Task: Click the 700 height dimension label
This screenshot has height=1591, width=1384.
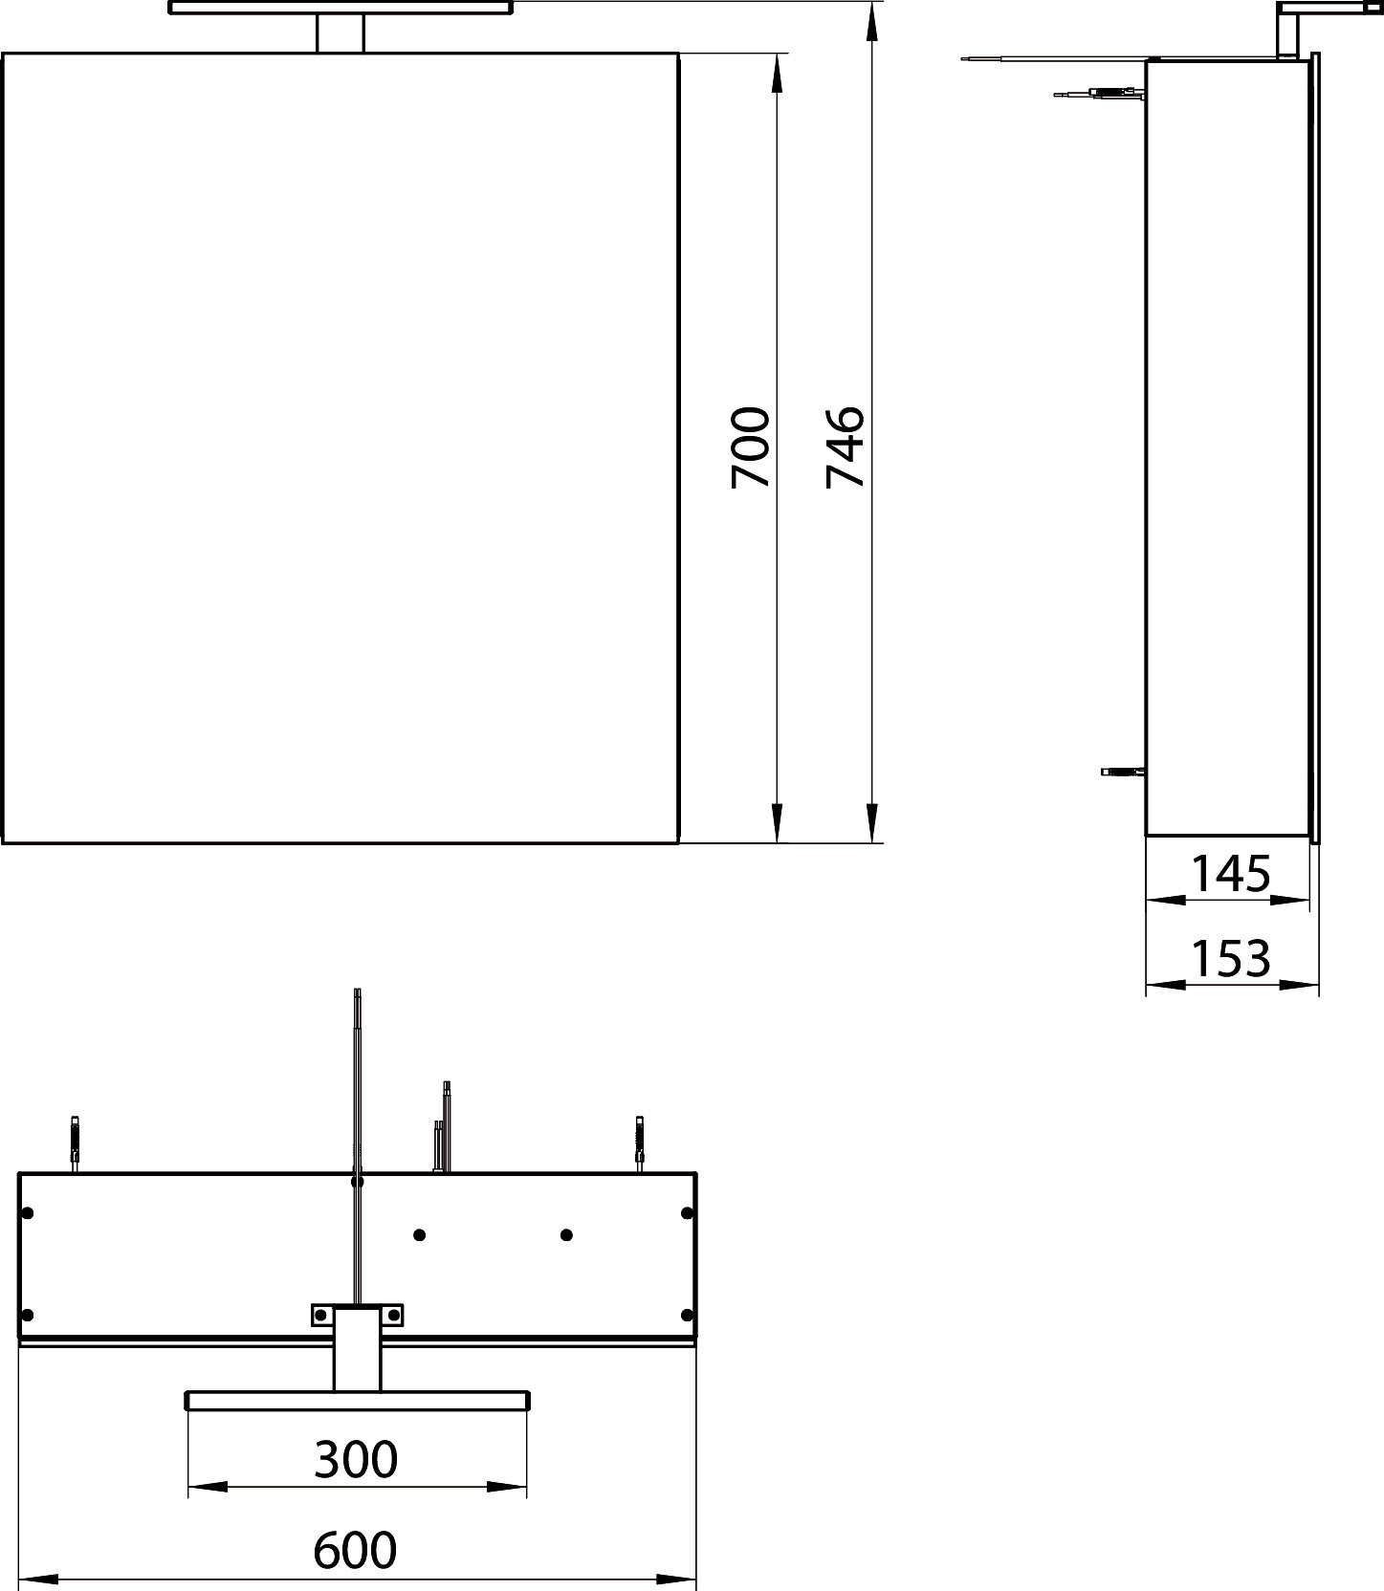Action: click(750, 447)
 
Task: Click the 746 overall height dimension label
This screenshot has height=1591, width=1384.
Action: click(846, 447)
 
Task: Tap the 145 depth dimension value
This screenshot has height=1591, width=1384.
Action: click(1231, 874)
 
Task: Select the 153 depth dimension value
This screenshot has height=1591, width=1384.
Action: click(1231, 958)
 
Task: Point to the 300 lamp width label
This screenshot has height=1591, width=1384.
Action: click(356, 1460)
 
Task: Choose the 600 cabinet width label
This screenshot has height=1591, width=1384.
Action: click(355, 1551)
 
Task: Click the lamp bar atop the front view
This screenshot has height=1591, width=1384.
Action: click(341, 8)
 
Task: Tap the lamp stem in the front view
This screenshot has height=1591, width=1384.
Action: click(341, 34)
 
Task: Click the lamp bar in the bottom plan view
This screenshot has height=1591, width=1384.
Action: click(357, 1401)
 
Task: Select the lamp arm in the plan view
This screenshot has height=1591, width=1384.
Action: click(357, 1348)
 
